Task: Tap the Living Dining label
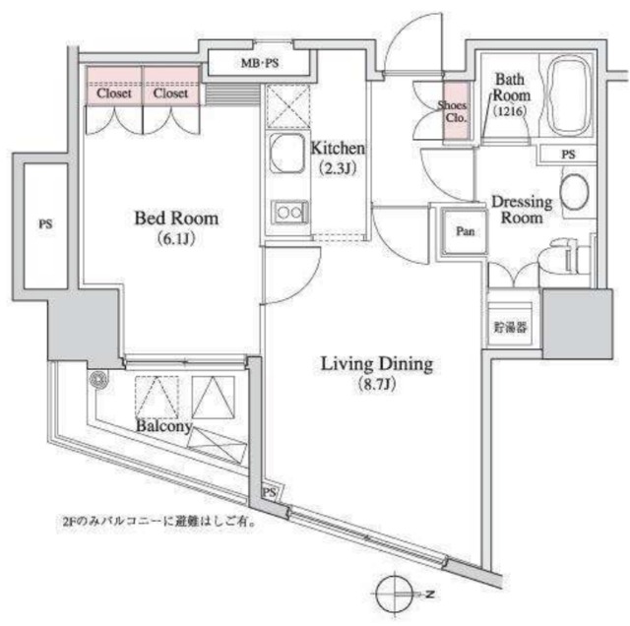point(377,365)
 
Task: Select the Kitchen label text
point(339,150)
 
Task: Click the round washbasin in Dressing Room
point(574,192)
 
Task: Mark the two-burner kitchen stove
point(289,212)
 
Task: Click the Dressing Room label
point(522,209)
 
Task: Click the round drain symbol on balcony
point(97,378)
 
